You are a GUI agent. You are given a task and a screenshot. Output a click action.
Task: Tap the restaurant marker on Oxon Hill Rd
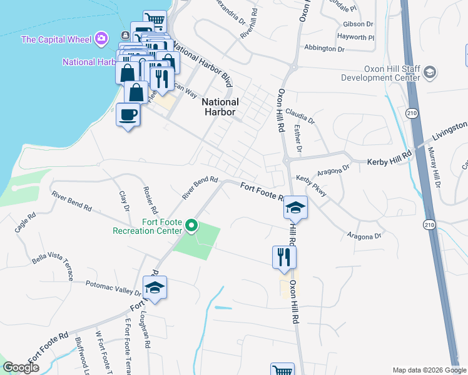284,257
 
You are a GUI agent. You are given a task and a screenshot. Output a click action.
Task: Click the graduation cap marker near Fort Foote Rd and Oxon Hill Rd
297,209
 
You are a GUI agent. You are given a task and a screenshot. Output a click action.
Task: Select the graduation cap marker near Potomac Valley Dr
154,288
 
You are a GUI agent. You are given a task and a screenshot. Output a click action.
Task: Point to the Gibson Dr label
358,24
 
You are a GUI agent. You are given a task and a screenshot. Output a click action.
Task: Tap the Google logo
21,367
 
